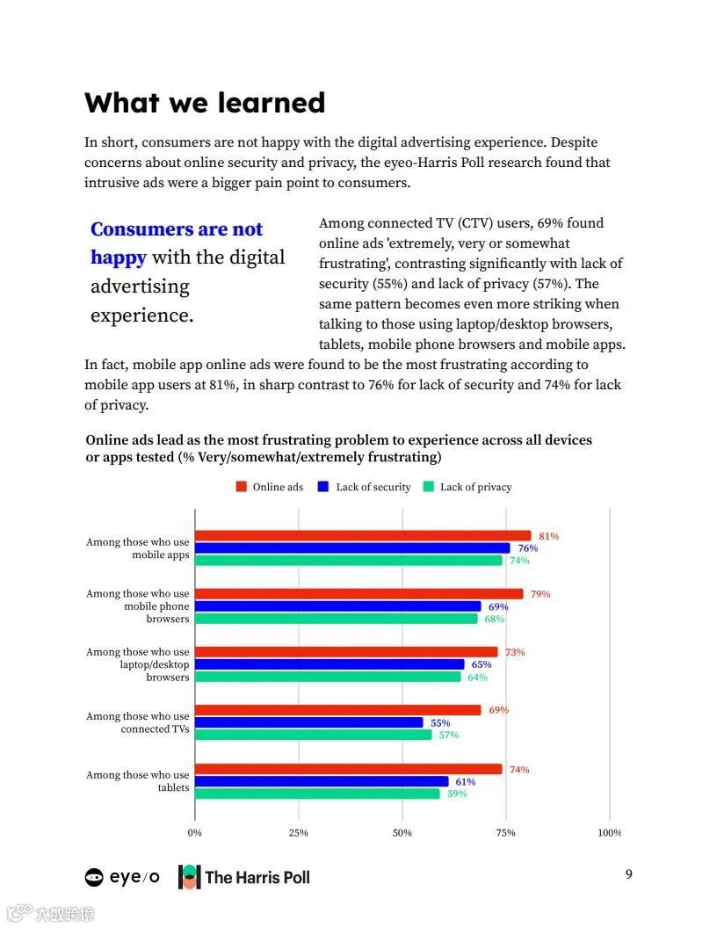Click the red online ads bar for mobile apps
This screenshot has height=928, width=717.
click(x=362, y=536)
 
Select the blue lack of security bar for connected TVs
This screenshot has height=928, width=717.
click(x=308, y=722)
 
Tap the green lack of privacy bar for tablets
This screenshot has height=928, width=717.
click(x=316, y=794)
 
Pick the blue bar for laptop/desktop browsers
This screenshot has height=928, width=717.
click(x=329, y=664)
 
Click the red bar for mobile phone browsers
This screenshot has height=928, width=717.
click(x=358, y=594)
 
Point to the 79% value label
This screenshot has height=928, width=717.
click(x=540, y=594)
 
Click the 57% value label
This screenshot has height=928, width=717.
click(x=448, y=735)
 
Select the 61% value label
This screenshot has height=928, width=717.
click(x=465, y=781)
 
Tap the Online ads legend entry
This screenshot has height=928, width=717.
click(x=270, y=487)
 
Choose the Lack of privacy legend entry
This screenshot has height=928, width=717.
click(x=467, y=487)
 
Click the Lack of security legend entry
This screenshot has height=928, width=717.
click(x=365, y=487)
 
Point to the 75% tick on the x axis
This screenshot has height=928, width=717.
click(x=505, y=833)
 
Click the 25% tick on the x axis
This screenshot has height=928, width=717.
click(x=298, y=833)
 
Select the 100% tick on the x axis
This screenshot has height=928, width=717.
click(x=609, y=833)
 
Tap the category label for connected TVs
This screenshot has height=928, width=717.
click(x=138, y=722)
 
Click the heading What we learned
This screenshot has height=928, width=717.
click(x=205, y=103)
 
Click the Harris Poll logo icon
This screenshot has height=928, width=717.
click(x=189, y=876)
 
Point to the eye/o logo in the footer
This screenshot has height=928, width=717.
click(x=122, y=876)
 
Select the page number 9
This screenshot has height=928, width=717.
click(x=628, y=874)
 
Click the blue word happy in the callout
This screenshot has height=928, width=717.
click(x=118, y=257)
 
